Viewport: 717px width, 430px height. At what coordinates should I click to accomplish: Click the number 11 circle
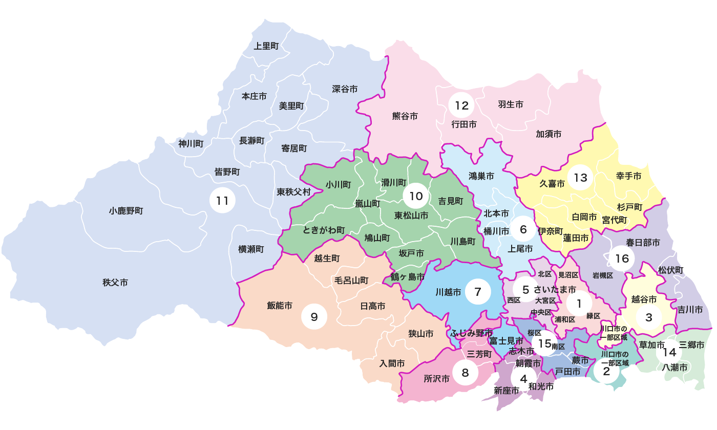[x=222, y=200]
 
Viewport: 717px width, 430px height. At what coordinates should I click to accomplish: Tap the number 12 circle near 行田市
[x=461, y=106]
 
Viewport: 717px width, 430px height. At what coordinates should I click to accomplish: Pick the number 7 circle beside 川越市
[x=478, y=292]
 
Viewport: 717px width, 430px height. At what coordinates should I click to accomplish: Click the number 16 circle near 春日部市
[x=622, y=259]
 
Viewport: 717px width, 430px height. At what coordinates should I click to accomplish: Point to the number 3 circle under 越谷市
[x=649, y=317]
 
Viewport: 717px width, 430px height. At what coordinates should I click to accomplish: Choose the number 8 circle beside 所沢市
[x=465, y=373]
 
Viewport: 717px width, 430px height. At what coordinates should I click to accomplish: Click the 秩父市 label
[x=115, y=282]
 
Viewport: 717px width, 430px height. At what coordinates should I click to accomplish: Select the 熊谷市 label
[x=405, y=116]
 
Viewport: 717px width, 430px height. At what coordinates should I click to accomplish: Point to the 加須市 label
[x=549, y=134]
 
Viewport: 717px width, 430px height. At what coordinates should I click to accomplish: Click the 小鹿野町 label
[x=126, y=210]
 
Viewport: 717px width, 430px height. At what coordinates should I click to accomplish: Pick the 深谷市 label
[x=345, y=89]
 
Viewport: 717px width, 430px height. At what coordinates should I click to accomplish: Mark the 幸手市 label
[x=628, y=176]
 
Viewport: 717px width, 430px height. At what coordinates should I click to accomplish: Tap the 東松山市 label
[x=411, y=216]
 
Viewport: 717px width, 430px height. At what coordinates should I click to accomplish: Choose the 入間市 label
[x=392, y=363]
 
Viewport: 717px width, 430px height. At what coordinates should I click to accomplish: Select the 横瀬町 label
[x=251, y=249]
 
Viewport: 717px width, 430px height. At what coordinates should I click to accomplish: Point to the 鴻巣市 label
[x=481, y=176]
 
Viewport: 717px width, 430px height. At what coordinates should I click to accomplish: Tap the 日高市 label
[x=373, y=306]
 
